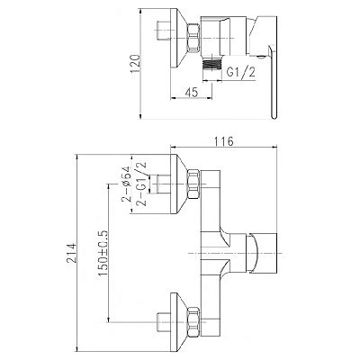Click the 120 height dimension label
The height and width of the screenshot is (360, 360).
pos(136,64)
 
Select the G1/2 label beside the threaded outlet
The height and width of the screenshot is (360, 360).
pos(241,72)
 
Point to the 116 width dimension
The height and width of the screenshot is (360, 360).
pos(224,141)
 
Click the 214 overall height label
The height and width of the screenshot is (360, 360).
pos(72,254)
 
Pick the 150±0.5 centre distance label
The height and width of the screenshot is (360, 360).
pos(103,254)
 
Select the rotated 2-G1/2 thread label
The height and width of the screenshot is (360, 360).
pos(141,184)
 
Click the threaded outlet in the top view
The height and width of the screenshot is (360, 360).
pos(211,65)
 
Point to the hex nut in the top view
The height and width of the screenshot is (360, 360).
pos(193,38)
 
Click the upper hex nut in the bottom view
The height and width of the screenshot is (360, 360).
pos(193,184)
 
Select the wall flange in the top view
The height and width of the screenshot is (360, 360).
pos(179,39)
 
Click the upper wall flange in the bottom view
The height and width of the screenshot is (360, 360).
pos(179,184)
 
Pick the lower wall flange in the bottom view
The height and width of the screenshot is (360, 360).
pos(179,321)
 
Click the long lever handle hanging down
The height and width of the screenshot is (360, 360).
pos(273,81)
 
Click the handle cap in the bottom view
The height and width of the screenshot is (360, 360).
pos(262,254)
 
